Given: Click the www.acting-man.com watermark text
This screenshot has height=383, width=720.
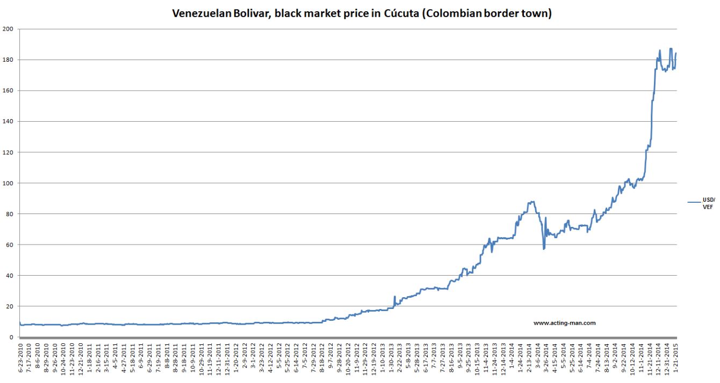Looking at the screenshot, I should click(564, 323).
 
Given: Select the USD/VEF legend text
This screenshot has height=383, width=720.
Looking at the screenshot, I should click(708, 203).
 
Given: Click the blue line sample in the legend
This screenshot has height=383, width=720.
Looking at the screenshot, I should click(680, 202).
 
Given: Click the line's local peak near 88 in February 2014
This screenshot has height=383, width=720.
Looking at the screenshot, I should click(532, 202).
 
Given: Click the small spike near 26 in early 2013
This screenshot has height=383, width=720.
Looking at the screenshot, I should click(394, 296).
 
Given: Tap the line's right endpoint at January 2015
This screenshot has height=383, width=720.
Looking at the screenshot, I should click(676, 53).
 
